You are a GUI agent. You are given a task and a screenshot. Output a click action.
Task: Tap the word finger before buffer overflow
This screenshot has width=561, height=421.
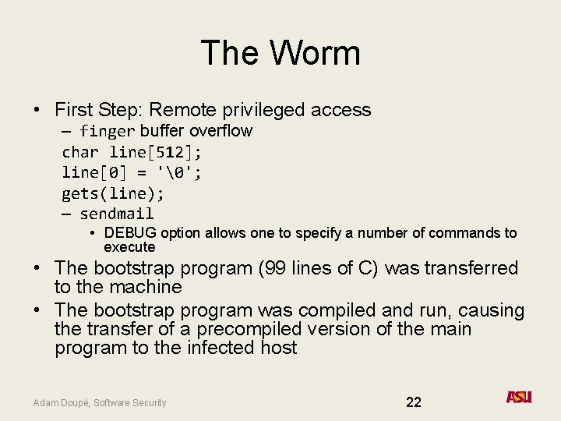[x=108, y=131]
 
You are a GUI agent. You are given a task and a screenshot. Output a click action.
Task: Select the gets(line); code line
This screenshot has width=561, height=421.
[x=113, y=193]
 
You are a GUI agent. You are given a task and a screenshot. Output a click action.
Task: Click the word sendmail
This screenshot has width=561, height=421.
[x=117, y=214]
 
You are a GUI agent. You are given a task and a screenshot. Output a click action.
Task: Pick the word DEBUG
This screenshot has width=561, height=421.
[x=129, y=233]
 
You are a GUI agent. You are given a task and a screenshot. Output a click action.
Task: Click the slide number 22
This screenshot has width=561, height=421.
[x=414, y=402]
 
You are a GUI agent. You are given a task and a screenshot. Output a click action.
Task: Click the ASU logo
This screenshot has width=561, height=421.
[x=519, y=398]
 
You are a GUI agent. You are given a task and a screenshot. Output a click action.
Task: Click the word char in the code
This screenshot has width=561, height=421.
[x=80, y=152]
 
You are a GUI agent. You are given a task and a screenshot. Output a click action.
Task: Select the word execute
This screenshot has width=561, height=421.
[x=129, y=247]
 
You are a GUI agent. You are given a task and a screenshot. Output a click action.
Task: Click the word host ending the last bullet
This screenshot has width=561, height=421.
[x=280, y=348]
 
